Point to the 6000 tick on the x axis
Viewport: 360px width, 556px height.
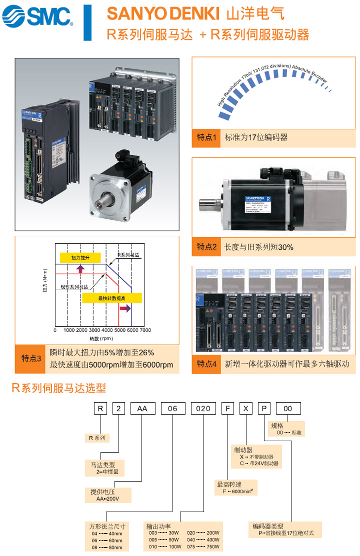pyautogui.click(x=132, y=330)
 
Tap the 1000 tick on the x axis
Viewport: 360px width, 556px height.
pyautogui.click(x=68, y=330)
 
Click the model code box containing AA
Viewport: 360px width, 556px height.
pyautogui.click(x=142, y=409)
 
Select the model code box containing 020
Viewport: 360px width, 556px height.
pyautogui.click(x=203, y=409)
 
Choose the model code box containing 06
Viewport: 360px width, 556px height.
pyautogui.click(x=172, y=409)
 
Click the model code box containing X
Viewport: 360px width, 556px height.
pyautogui.click(x=245, y=409)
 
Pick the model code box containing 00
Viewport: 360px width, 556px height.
pyautogui.click(x=288, y=409)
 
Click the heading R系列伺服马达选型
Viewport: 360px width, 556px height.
pyautogui.click(x=59, y=388)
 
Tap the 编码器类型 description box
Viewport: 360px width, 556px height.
pyautogui.click(x=285, y=530)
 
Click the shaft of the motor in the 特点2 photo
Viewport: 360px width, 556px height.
pyautogui.click(x=209, y=205)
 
